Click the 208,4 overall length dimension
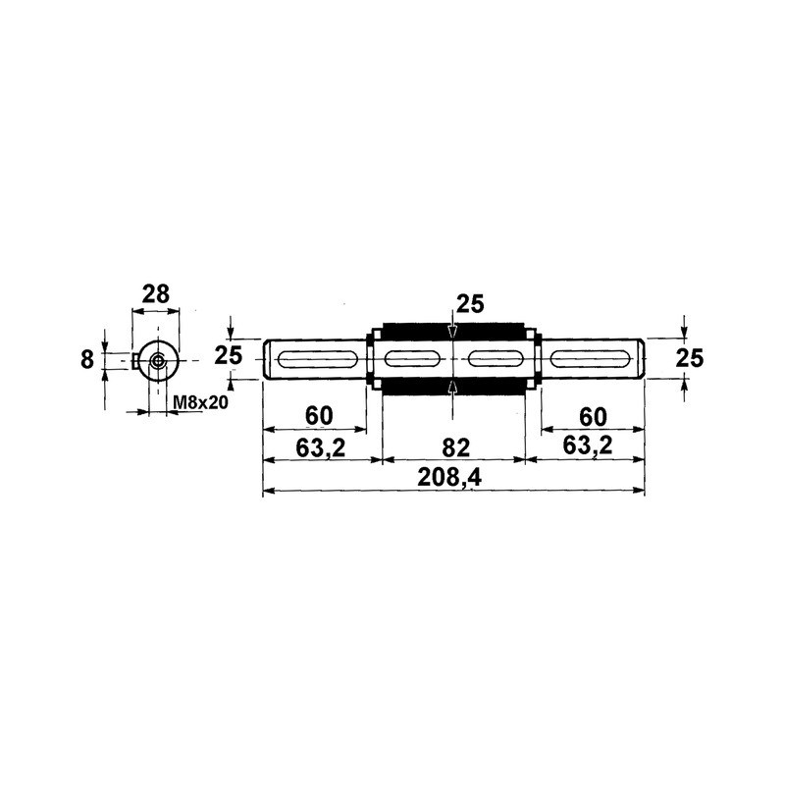[449, 478]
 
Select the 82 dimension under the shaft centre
[455, 447]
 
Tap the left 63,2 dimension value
[321, 447]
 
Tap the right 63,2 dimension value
[587, 445]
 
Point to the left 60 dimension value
[319, 415]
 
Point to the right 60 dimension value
[593, 416]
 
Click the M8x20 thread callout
[200, 402]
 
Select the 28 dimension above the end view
[156, 294]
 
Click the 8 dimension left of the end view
[87, 359]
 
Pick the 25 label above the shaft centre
[470, 304]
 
